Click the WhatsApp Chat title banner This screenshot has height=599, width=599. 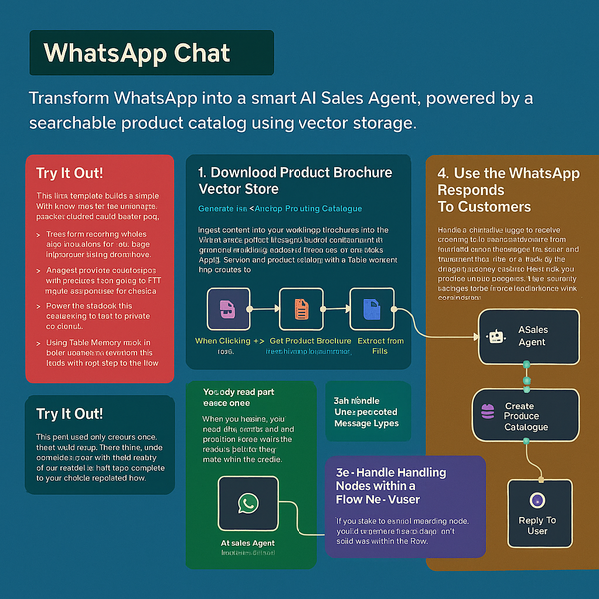pos(150,53)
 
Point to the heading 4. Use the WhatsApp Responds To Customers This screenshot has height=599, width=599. pos(508,189)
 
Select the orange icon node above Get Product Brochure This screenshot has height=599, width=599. pos(301,308)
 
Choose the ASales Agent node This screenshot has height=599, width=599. pos(524,335)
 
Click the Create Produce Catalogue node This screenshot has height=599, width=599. pos(524,417)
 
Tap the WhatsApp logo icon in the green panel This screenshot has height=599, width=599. pos(247,503)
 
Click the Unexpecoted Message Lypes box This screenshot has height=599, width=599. pos(367,411)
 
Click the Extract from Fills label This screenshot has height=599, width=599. pos(379,346)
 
